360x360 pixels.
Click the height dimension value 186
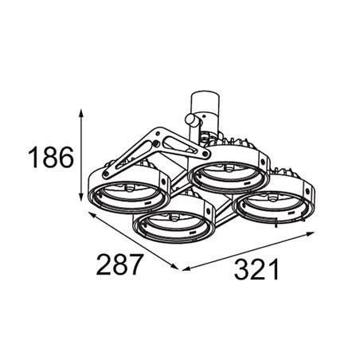(51, 158)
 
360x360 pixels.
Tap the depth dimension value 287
(118, 264)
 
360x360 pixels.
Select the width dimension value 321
(256, 269)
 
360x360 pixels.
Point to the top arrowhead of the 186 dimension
(81, 113)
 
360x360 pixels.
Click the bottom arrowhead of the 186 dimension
(81, 197)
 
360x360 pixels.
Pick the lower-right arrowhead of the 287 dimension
(174, 266)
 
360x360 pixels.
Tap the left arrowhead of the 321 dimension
(186, 268)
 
